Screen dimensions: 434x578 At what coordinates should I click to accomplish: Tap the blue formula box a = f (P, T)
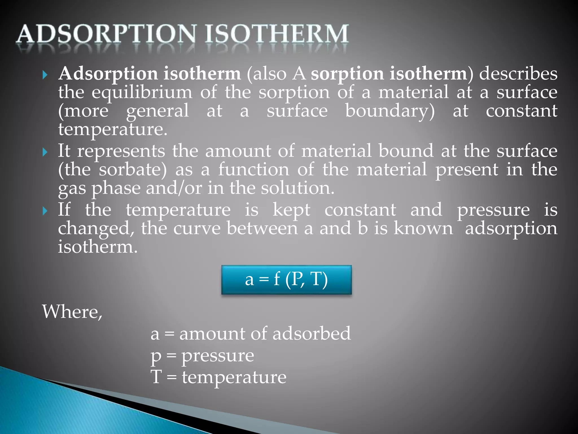[x=286, y=280]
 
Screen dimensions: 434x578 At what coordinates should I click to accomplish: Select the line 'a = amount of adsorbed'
[x=251, y=333]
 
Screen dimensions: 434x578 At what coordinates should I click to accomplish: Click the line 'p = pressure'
[x=202, y=355]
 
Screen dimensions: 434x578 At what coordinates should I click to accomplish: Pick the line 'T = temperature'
[x=218, y=377]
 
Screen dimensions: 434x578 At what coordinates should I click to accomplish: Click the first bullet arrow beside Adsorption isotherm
[x=45, y=75]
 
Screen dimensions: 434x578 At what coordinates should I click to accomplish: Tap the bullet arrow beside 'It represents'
[x=45, y=152]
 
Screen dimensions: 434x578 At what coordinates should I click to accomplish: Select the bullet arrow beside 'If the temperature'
[x=45, y=211]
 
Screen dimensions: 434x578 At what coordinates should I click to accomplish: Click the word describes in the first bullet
[x=518, y=73]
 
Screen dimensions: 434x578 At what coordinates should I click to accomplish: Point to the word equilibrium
[x=142, y=93]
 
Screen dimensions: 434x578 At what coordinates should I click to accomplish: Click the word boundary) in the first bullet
[x=390, y=111]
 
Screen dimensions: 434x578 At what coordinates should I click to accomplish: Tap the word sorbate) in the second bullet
[x=133, y=170]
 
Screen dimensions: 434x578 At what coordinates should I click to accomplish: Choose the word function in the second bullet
[x=254, y=170]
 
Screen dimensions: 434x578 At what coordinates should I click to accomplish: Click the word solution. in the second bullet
[x=297, y=188]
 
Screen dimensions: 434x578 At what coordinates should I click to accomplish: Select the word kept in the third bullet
[x=291, y=210]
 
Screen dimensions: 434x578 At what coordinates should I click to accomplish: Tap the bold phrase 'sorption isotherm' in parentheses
[x=389, y=73]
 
